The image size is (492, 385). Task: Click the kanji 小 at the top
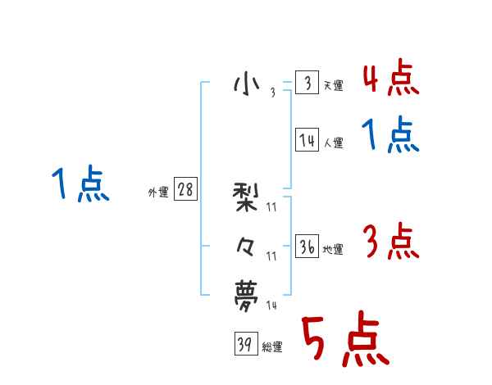(x=247, y=84)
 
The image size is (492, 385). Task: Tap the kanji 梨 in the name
(x=247, y=197)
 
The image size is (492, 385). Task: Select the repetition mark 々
(x=246, y=246)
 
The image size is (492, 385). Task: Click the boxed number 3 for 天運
(x=307, y=84)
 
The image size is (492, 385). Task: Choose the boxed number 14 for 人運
(x=307, y=140)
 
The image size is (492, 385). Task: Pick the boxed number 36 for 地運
(x=307, y=247)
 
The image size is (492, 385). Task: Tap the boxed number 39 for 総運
(x=245, y=345)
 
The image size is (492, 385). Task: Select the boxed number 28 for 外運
(x=185, y=190)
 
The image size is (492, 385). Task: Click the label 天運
(x=333, y=86)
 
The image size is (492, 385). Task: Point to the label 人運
(x=333, y=143)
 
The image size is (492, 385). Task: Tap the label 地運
(x=333, y=250)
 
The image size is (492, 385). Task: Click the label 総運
(x=272, y=347)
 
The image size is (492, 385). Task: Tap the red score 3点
(x=390, y=242)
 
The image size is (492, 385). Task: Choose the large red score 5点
(x=344, y=341)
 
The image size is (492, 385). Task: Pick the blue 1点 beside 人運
(x=390, y=136)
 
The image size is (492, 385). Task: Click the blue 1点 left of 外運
(x=80, y=185)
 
